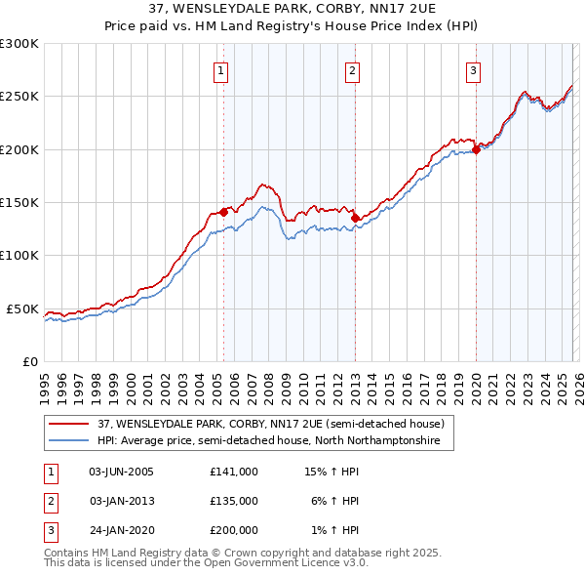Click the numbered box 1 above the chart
[x=222, y=70]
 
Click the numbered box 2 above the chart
[x=351, y=70]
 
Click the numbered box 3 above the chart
[x=473, y=70]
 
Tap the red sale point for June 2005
[x=223, y=211]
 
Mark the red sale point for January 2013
[x=355, y=218]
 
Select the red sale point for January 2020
[x=477, y=149]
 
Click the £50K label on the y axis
[x=23, y=309]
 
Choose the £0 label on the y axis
[x=29, y=361]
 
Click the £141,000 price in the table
[x=233, y=471]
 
